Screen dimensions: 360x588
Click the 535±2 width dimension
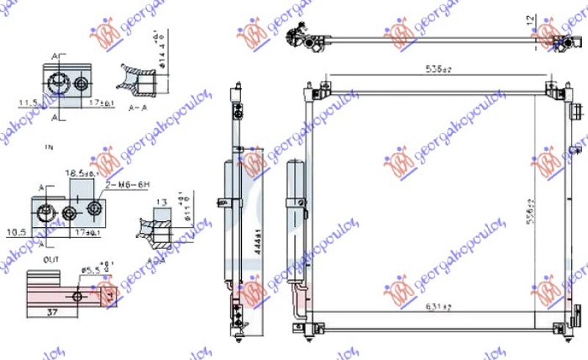pos(437,70)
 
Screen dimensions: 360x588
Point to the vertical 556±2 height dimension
pos(531,212)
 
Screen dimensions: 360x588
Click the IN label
pos(49,148)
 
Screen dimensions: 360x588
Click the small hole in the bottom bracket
pos(79,296)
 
